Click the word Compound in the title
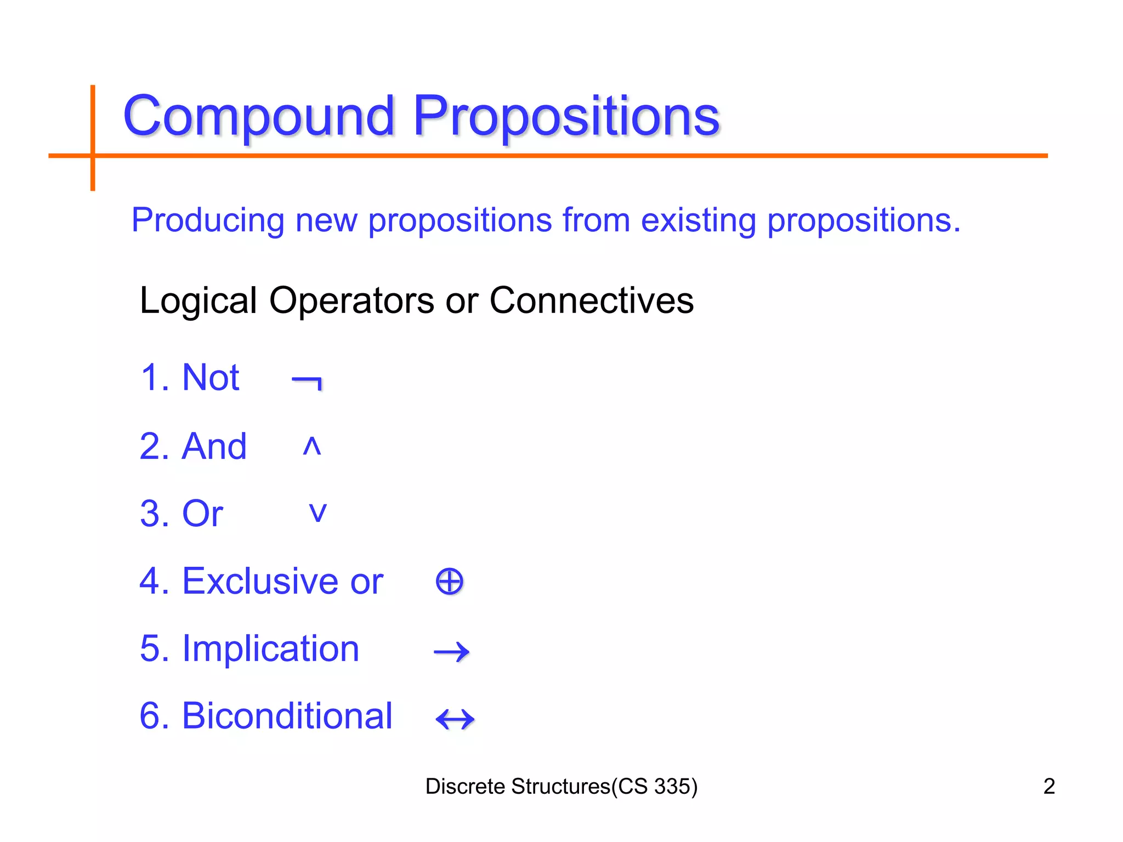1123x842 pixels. coord(259,116)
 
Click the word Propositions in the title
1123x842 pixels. coord(566,116)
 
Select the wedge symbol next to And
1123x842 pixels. coord(311,446)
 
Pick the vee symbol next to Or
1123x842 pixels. coord(318,513)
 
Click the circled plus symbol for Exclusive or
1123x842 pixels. coord(449,582)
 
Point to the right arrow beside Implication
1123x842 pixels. coord(451,651)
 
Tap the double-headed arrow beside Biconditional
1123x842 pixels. coord(455,719)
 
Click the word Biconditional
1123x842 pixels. coord(287,716)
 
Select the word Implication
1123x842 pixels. coord(270,649)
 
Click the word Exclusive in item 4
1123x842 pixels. coord(260,581)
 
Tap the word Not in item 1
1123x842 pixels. coord(211,378)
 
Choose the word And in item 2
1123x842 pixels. coord(214,446)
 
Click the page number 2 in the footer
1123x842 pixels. coord(1048,786)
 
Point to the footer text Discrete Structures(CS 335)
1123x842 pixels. coord(561,786)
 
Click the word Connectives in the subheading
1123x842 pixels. coord(591,300)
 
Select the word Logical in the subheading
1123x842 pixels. coord(198,301)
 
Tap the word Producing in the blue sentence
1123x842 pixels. coord(207,220)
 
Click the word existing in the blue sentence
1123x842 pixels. coord(698,220)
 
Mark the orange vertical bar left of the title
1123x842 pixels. coord(93,137)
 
